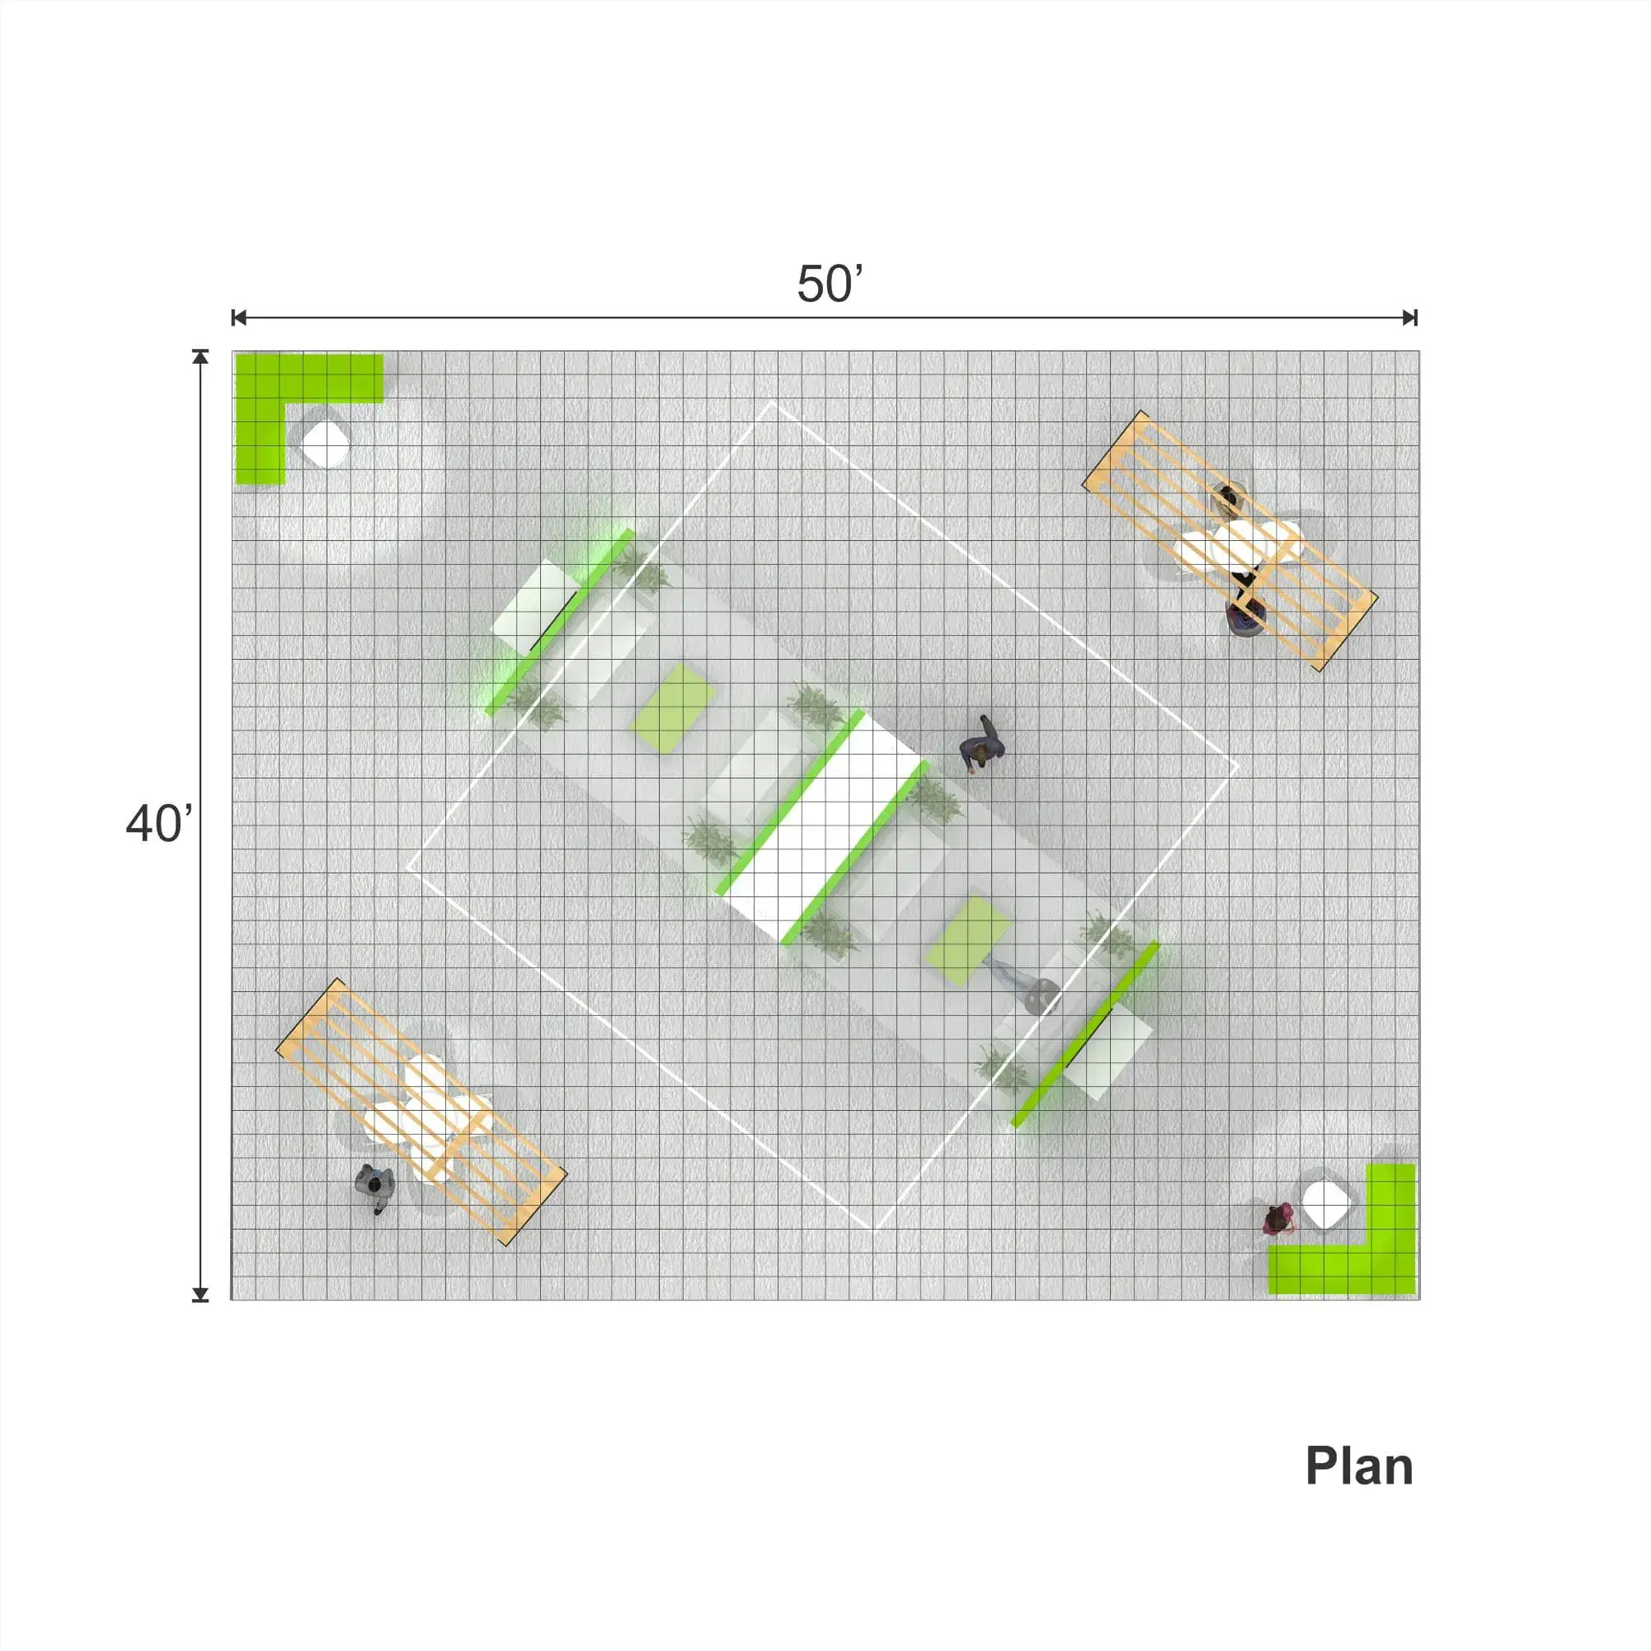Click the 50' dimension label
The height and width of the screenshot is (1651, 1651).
pyautogui.click(x=830, y=284)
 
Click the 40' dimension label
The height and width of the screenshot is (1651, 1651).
pyautogui.click(x=159, y=824)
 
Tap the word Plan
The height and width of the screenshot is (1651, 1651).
pyautogui.click(x=1359, y=1466)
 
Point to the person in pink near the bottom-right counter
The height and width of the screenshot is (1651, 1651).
pyautogui.click(x=1277, y=1219)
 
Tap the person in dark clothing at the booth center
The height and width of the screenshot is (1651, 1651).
pyautogui.click(x=983, y=746)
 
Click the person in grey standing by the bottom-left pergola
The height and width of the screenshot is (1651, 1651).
pyautogui.click(x=374, y=1186)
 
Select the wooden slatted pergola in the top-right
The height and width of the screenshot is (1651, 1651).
pyautogui.click(x=1230, y=541)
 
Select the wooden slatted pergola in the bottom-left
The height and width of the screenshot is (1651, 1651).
pyautogui.click(x=421, y=1112)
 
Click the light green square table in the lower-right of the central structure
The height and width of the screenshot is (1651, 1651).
pyautogui.click(x=968, y=940)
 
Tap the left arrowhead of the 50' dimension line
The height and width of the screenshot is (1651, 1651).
pyautogui.click(x=239, y=317)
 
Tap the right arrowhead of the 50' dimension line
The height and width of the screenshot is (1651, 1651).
pyautogui.click(x=1410, y=317)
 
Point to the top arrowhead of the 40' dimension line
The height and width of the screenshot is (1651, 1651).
pyautogui.click(x=200, y=357)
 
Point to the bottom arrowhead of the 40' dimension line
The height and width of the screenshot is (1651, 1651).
pyautogui.click(x=200, y=1294)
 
